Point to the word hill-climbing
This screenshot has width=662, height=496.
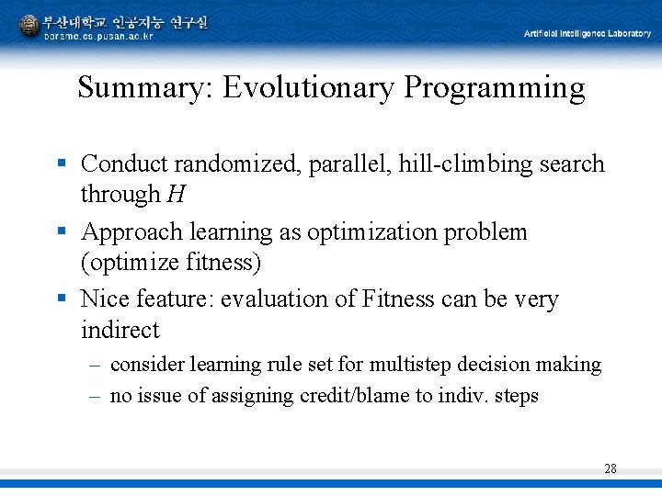[x=454, y=164]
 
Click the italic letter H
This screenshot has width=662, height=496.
[x=176, y=195]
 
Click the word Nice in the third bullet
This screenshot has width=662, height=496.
[x=104, y=299]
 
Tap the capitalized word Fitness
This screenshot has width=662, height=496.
[x=399, y=299]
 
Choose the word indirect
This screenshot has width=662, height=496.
[x=120, y=330]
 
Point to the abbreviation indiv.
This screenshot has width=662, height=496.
[x=468, y=396]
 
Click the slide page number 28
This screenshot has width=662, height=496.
[x=611, y=468]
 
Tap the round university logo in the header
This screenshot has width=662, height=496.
[x=29, y=25]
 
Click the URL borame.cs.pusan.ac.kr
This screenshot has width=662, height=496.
[x=97, y=36]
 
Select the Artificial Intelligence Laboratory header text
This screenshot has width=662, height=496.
[x=587, y=34]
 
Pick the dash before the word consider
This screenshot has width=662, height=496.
[x=95, y=366]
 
